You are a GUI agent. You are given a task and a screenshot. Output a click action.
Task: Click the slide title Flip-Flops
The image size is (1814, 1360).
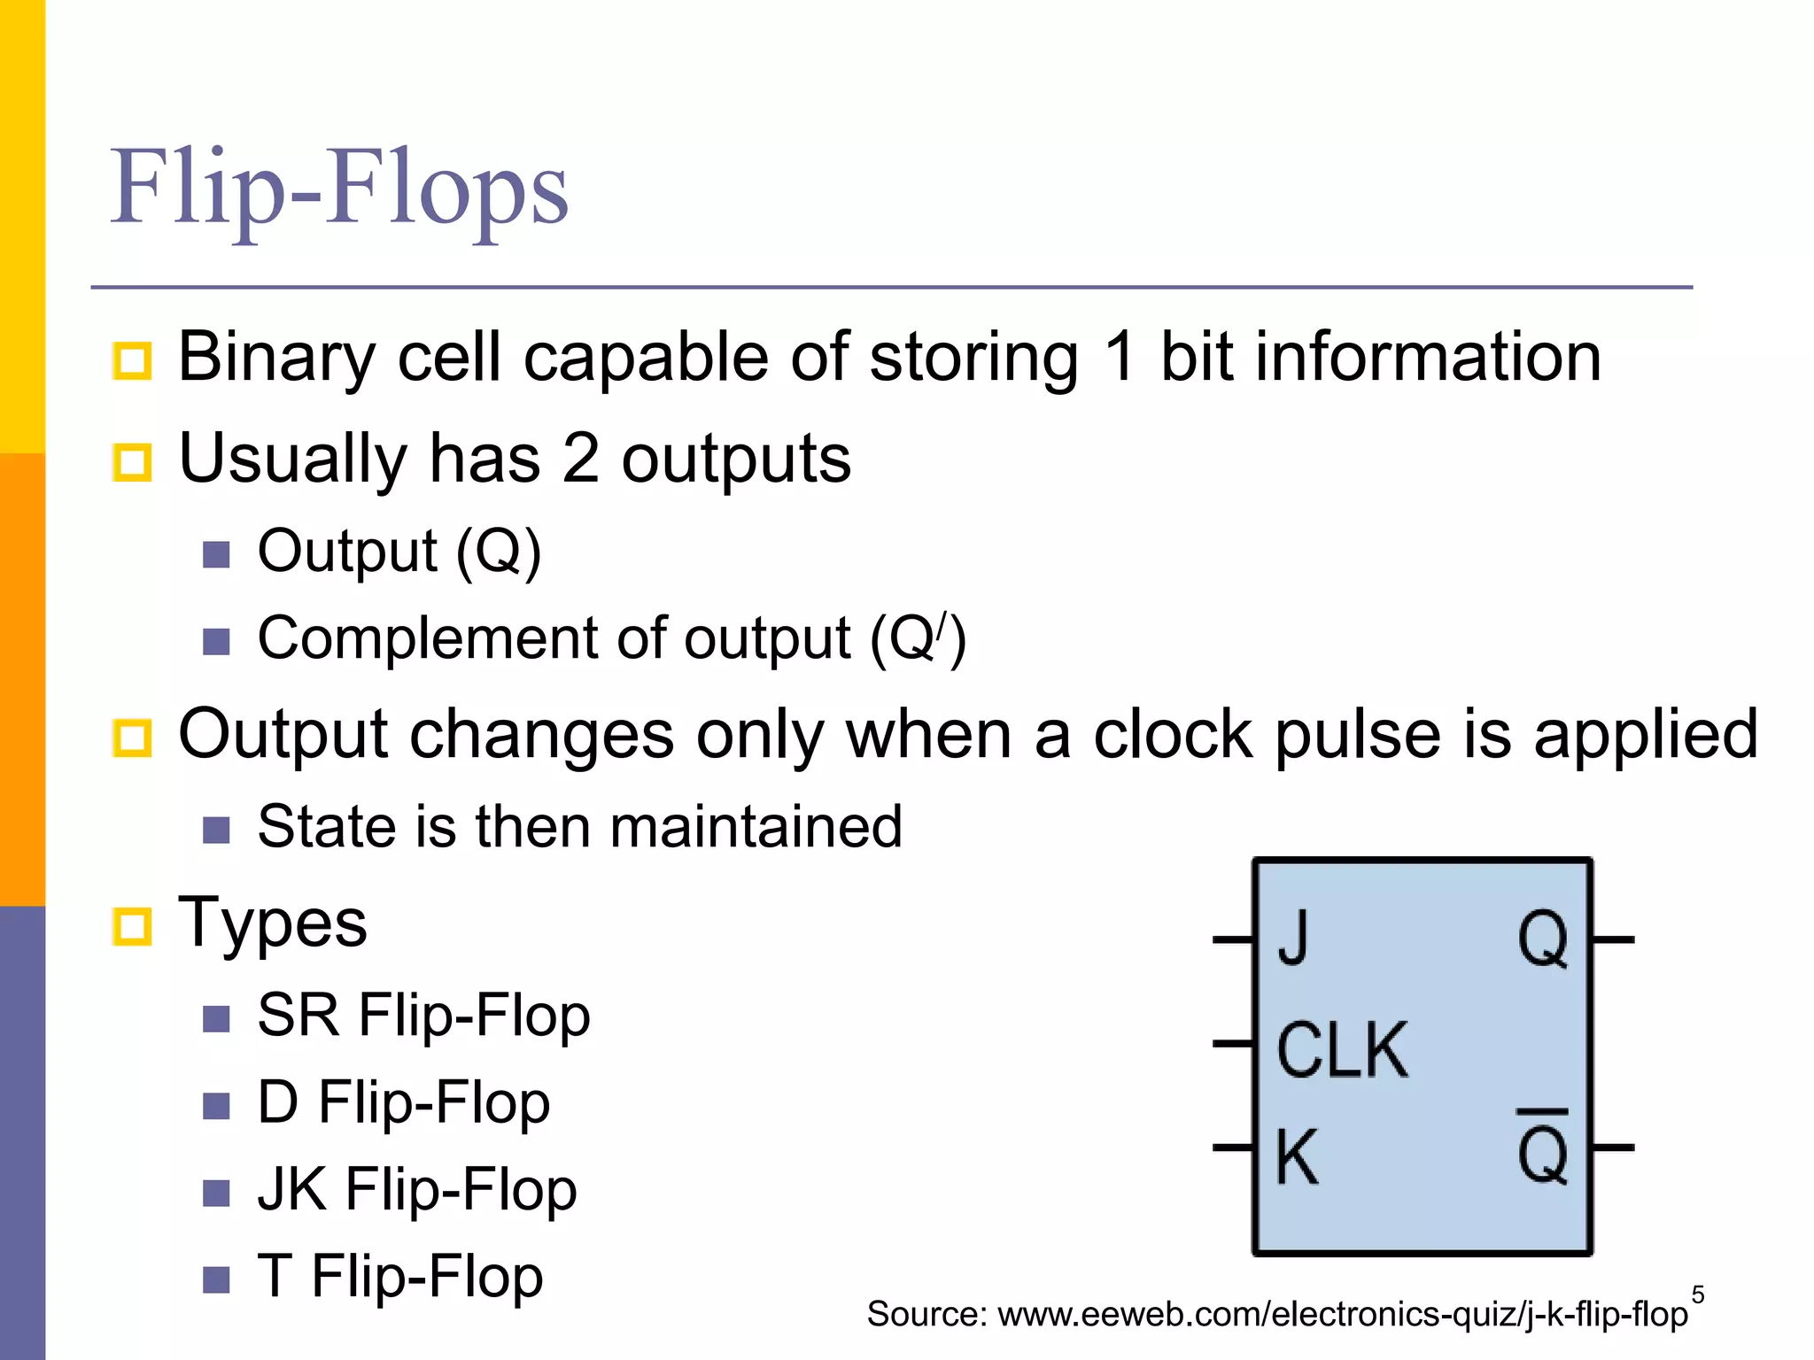(338, 188)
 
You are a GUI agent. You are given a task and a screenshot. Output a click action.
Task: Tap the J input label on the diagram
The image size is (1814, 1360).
(1293, 939)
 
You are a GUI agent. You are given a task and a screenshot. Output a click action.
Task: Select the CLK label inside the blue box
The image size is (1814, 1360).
(1341, 1050)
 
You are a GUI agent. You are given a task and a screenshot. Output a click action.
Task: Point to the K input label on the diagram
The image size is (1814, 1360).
(1297, 1156)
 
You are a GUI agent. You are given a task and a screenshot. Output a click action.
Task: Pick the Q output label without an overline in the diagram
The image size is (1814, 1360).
(1542, 939)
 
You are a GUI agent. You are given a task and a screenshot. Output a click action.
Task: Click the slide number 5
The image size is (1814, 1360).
(1697, 1294)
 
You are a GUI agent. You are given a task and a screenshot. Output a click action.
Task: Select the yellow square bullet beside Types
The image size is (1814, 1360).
(133, 926)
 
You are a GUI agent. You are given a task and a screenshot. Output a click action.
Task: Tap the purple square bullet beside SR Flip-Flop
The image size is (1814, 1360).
(216, 1018)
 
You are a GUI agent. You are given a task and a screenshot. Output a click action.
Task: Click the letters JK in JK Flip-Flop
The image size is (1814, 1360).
(291, 1189)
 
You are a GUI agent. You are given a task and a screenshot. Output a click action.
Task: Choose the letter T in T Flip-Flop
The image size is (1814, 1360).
(275, 1276)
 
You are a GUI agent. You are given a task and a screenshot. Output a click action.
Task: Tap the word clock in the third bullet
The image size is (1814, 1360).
(1172, 735)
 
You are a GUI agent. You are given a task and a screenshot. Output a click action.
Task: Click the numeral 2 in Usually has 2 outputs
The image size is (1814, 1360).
(580, 459)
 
